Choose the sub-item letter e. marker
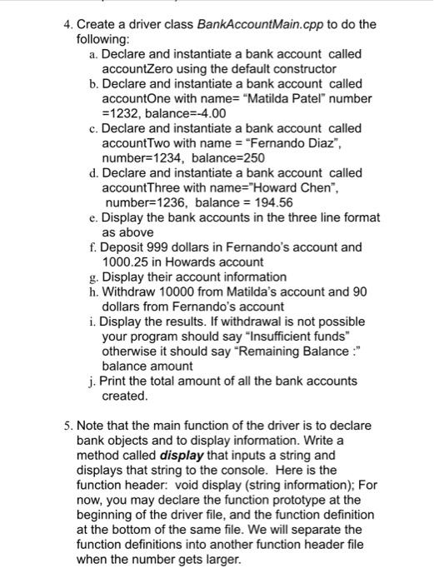[x=90, y=217]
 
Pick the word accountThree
[x=140, y=187]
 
